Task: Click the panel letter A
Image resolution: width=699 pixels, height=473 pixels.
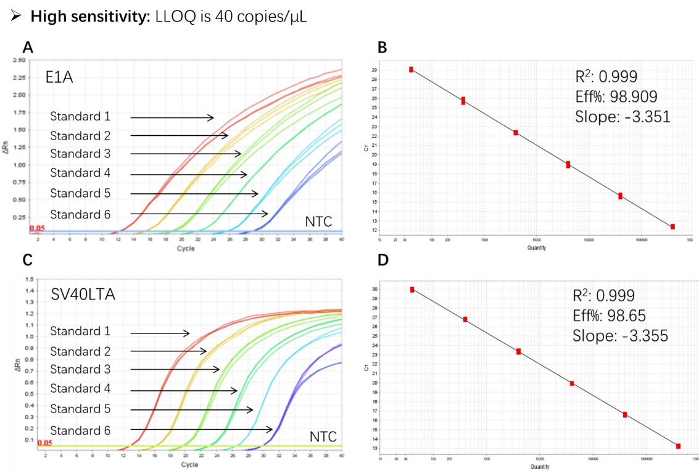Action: click(27, 48)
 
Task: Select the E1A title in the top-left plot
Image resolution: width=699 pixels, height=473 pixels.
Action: click(59, 78)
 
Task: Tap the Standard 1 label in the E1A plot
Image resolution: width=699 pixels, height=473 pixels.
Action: click(80, 117)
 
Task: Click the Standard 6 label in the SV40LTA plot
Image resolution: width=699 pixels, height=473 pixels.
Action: click(80, 430)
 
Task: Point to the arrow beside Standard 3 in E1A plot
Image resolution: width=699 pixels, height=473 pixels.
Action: click(186, 154)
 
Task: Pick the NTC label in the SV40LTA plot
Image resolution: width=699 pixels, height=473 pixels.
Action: click(323, 437)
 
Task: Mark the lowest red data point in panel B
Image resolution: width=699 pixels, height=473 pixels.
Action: click(672, 227)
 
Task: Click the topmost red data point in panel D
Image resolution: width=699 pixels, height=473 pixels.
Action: click(412, 290)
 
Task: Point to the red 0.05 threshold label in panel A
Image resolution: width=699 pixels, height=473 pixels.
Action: click(37, 228)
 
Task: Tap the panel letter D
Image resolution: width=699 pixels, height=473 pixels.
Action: click(383, 261)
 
